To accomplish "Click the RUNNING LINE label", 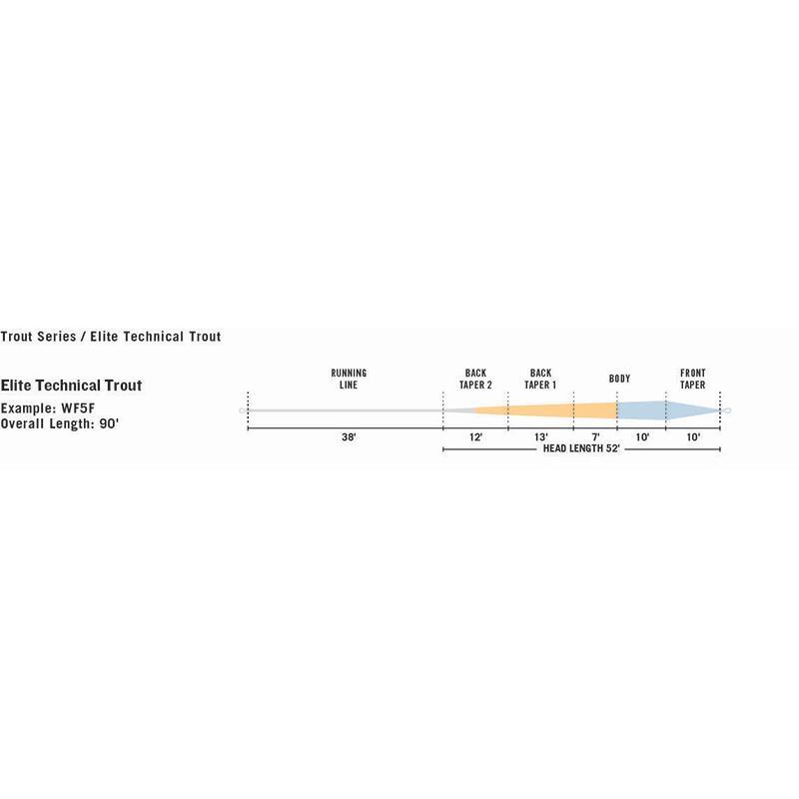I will click(349, 379).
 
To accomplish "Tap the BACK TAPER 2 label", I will click(475, 379).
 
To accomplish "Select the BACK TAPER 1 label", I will click(540, 379).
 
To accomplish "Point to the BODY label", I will click(619, 380).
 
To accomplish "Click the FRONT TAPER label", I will click(693, 379).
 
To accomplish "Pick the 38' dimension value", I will click(349, 437).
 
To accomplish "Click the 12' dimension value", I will click(475, 437).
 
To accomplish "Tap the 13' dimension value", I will click(540, 437).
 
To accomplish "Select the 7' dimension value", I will click(595, 437).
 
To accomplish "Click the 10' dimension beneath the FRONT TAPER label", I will click(693, 437).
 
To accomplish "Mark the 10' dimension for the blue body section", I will click(641, 437).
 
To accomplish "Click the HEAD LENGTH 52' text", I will click(580, 449).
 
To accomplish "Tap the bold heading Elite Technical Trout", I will click(71, 386).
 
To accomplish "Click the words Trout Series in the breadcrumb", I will click(39, 337).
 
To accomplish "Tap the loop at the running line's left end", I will click(243, 410).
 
